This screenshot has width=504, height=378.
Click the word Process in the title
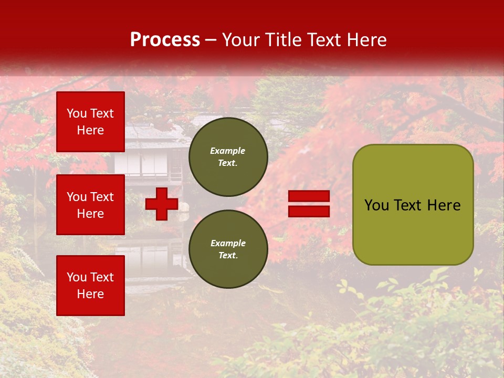click(x=165, y=40)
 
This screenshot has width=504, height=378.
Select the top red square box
click(x=90, y=122)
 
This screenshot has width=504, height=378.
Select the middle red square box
click(x=90, y=205)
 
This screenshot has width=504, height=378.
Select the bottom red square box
click(x=90, y=285)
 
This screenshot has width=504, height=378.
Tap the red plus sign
click(x=162, y=204)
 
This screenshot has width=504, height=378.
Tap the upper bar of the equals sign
click(x=309, y=196)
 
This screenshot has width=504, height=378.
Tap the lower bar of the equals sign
click(x=309, y=211)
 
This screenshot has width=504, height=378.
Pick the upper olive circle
click(x=228, y=157)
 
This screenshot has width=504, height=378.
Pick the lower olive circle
click(x=228, y=249)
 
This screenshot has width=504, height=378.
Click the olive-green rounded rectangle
click(x=413, y=204)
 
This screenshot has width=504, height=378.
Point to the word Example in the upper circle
click(x=228, y=151)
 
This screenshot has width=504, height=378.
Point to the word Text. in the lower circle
click(x=228, y=256)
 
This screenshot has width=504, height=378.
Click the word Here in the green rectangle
click(x=444, y=205)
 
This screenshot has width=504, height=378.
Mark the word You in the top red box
click(x=77, y=113)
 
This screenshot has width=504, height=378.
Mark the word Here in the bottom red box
click(x=90, y=294)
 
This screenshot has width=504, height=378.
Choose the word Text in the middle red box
click(x=102, y=197)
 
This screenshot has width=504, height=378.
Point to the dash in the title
click(x=211, y=40)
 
